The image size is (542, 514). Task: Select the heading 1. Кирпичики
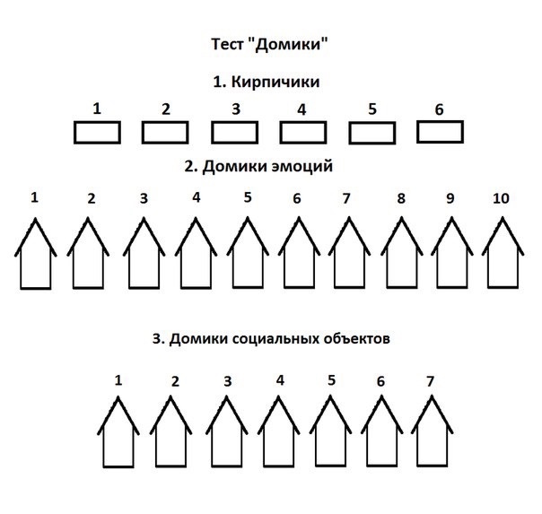click(267, 82)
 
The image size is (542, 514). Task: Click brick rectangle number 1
click(96, 133)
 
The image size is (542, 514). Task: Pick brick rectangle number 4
click(302, 133)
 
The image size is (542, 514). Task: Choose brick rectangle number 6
click(440, 131)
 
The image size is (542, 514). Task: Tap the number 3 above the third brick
click(235, 109)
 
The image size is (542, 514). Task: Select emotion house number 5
click(247, 254)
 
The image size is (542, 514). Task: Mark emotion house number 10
click(502, 254)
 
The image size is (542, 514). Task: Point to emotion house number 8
click(400, 254)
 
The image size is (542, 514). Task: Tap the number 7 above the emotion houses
click(346, 198)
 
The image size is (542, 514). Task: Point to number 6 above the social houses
click(380, 381)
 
